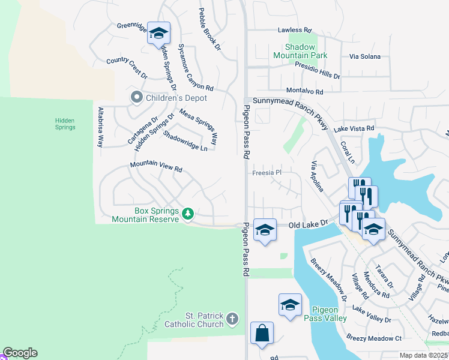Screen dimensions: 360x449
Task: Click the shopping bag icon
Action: tap(262, 333)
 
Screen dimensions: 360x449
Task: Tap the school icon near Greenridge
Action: tap(159, 33)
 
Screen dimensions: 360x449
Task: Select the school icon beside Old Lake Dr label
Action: tap(264, 230)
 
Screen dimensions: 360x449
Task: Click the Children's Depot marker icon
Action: tap(136, 98)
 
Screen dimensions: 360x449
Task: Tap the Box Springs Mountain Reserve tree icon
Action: tap(188, 214)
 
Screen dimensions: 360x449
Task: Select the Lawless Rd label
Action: tap(295, 30)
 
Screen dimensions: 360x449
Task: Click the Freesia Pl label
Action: tap(267, 173)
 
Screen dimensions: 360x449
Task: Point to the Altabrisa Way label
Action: tap(100, 127)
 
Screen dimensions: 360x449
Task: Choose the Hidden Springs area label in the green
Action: tap(65, 124)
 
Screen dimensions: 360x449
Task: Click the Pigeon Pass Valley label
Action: tap(328, 313)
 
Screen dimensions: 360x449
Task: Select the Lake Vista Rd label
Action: tap(354, 128)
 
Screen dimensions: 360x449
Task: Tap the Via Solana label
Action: tap(365, 56)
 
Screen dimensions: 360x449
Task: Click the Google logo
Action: tap(20, 353)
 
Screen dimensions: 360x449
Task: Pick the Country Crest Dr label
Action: tap(127, 68)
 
